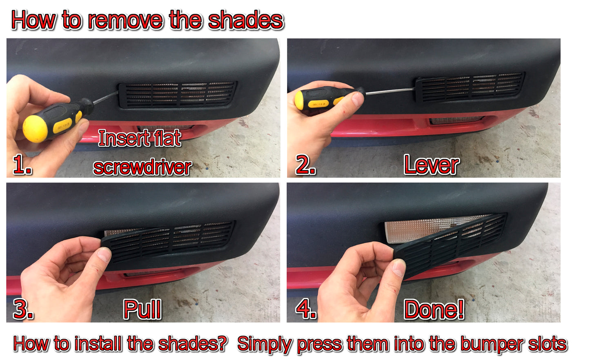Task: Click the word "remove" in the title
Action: [x=125, y=20]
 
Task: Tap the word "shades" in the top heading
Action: [x=246, y=20]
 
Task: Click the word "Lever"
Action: [x=432, y=165]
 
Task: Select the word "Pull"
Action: [x=142, y=309]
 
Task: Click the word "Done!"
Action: [x=434, y=310]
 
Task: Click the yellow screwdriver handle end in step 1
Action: [x=35, y=129]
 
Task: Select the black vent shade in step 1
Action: [x=178, y=95]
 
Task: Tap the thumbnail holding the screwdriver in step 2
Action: [x=357, y=99]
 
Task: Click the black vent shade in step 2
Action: [x=470, y=87]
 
